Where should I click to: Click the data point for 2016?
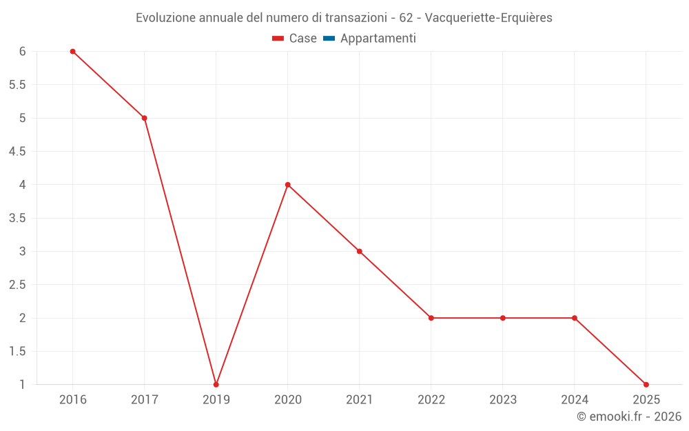click(x=72, y=52)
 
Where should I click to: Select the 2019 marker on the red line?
click(x=216, y=384)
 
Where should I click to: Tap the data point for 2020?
click(x=287, y=185)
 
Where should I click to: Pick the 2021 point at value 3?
click(x=359, y=251)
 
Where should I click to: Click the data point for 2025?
click(x=646, y=384)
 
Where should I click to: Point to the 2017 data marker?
click(x=144, y=118)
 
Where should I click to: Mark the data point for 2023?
click(x=502, y=318)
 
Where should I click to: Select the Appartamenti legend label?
click(x=378, y=39)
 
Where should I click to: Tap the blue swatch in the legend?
click(x=329, y=39)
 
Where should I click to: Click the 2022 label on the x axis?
click(x=431, y=399)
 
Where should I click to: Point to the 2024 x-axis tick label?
click(x=574, y=399)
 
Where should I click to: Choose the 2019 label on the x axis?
click(x=216, y=399)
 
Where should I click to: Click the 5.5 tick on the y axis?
click(x=17, y=85)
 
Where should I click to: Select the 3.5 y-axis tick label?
click(x=17, y=218)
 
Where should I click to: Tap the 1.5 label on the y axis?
click(x=17, y=351)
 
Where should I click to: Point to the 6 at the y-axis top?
click(x=22, y=52)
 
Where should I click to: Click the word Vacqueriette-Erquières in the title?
click(x=489, y=18)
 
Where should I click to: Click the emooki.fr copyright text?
click(x=629, y=417)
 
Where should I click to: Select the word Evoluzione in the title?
click(x=165, y=18)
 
